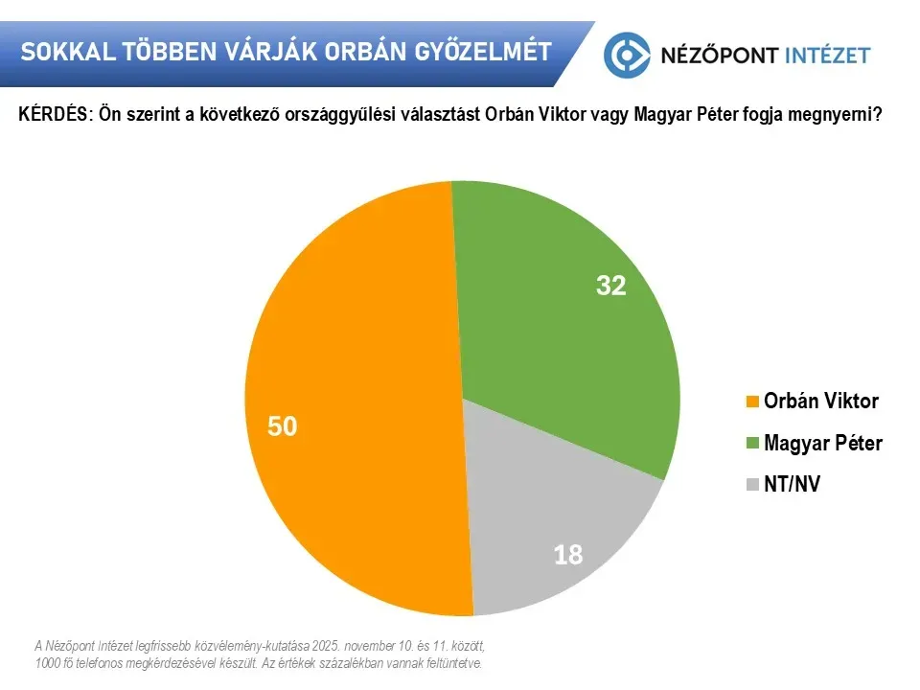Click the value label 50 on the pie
click(x=283, y=426)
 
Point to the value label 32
click(x=610, y=286)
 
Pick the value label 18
click(x=568, y=554)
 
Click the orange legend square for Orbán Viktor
click(x=752, y=402)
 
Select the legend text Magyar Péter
click(x=822, y=444)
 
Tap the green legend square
click(x=752, y=444)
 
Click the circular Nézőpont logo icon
click(x=627, y=54)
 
